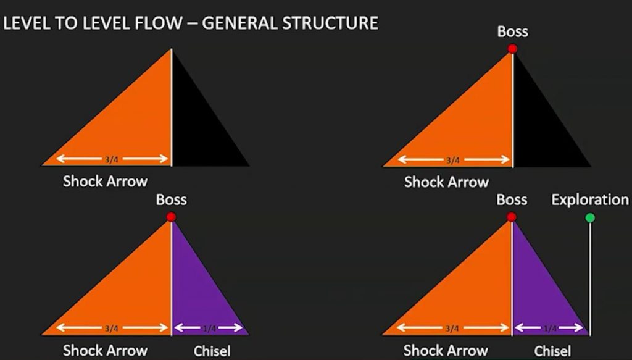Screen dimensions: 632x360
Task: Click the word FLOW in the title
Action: click(158, 23)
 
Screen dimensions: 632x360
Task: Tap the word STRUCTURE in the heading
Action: click(330, 23)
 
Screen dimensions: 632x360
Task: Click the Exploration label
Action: click(590, 199)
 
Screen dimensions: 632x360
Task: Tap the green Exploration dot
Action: click(590, 218)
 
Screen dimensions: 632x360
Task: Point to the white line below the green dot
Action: click(591, 279)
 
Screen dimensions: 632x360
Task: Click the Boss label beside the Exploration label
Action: click(512, 199)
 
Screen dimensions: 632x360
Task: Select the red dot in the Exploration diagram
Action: click(512, 217)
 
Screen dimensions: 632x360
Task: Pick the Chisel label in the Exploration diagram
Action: click(552, 351)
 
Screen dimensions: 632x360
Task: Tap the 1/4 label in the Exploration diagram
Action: click(550, 329)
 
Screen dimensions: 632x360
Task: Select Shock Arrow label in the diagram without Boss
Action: click(105, 182)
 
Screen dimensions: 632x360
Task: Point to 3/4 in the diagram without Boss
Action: click(112, 160)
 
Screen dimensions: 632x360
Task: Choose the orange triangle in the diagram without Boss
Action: click(129, 129)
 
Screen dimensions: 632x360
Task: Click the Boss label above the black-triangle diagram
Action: click(513, 31)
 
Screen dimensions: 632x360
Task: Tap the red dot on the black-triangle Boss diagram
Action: click(512, 49)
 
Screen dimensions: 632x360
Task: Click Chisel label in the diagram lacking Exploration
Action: click(212, 351)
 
